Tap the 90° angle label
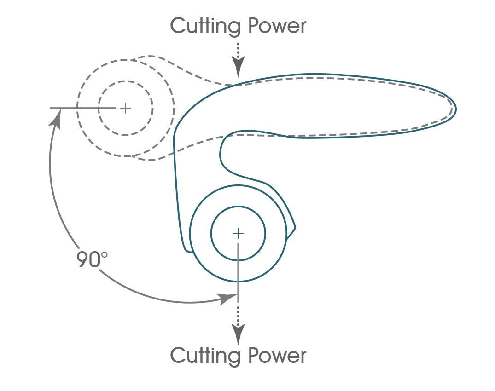92,260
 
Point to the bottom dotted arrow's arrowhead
238,335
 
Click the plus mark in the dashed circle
125,108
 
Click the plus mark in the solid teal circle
238,233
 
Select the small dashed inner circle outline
125,82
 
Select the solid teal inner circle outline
238,207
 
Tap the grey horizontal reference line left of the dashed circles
69,108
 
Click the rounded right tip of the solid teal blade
455,109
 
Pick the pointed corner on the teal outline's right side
295,227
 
